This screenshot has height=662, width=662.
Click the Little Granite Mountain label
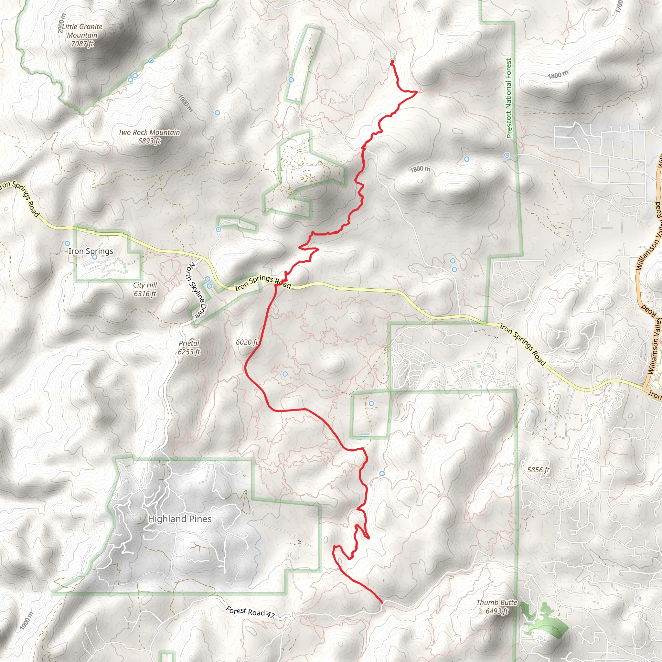[x=82, y=35]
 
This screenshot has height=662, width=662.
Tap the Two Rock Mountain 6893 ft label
[x=149, y=136]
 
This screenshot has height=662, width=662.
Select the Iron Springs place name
[x=91, y=251]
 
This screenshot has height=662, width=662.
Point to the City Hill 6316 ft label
[x=145, y=289]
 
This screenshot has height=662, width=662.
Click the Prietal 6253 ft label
[x=189, y=347]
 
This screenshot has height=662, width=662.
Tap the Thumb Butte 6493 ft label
[x=496, y=606]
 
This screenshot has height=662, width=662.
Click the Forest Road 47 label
[x=250, y=612]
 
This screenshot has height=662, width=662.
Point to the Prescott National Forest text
[x=509, y=98]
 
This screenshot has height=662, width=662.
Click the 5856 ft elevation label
[x=538, y=470]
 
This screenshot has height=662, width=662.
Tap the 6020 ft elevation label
[x=247, y=342]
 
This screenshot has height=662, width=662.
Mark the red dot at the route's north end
[x=392, y=62]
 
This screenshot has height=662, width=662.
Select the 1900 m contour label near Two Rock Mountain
[x=185, y=103]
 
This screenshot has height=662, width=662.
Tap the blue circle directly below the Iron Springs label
[x=95, y=257]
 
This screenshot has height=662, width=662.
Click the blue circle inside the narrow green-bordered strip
[x=291, y=80]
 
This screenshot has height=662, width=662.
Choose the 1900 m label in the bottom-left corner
[x=27, y=621]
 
